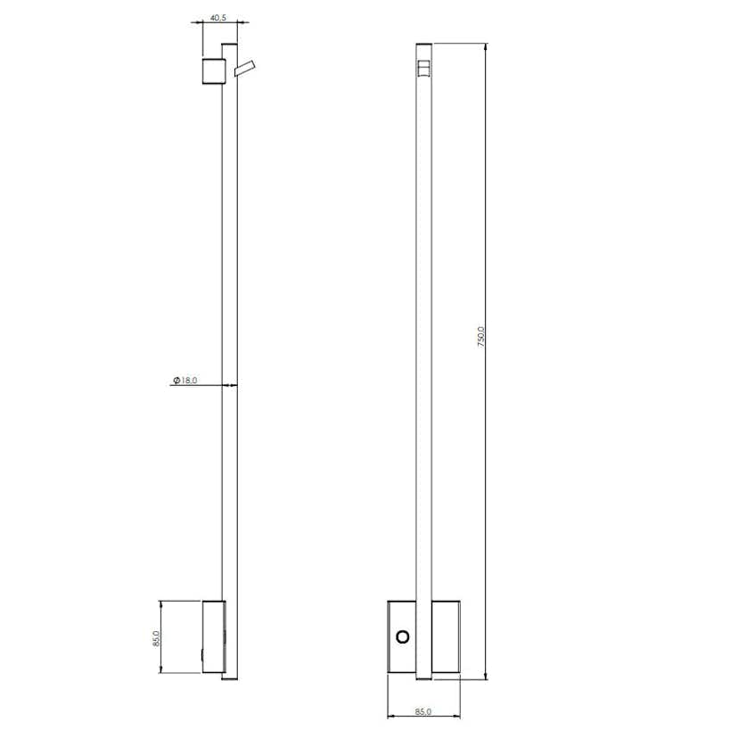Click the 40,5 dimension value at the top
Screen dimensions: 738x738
[x=217, y=16]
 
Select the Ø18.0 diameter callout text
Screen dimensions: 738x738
[x=184, y=380]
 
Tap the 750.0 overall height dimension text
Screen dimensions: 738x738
[x=481, y=337]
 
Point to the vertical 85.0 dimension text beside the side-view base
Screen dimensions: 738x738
[x=156, y=639]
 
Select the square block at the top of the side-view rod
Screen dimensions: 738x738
[x=212, y=70]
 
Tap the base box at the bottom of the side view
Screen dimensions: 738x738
[x=213, y=636]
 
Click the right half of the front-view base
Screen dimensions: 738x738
[x=445, y=636]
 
